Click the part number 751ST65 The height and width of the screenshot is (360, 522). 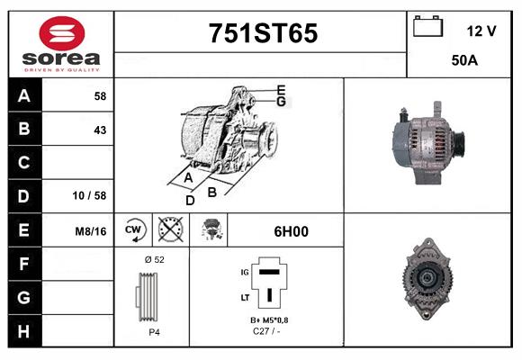[263, 33]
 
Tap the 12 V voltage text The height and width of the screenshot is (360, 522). [481, 31]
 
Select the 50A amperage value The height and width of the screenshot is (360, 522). [463, 61]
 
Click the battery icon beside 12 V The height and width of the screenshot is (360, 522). [428, 28]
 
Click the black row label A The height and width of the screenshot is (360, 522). [23, 95]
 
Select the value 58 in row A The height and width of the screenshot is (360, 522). [99, 95]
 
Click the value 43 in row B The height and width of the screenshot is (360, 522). [99, 130]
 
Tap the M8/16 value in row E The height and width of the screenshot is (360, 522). [91, 231]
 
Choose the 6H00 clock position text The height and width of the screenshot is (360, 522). [291, 231]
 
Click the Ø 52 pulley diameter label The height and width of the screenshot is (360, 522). [154, 259]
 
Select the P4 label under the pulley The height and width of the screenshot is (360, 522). [154, 332]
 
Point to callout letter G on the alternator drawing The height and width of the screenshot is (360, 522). [281, 102]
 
